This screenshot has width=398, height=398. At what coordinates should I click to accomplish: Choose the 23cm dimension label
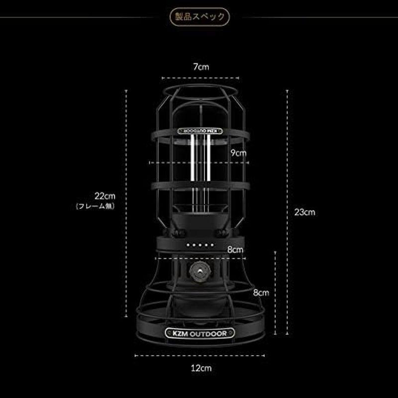[x=304, y=211]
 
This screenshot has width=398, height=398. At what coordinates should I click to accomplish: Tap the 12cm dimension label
[x=200, y=368]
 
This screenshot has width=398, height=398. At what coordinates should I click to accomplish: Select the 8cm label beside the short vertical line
[x=260, y=293]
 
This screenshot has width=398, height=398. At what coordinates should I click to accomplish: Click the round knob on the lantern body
[x=199, y=273]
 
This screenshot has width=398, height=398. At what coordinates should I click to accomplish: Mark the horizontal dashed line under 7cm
[x=200, y=78]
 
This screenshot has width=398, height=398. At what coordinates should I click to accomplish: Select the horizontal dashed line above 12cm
[x=200, y=356]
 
